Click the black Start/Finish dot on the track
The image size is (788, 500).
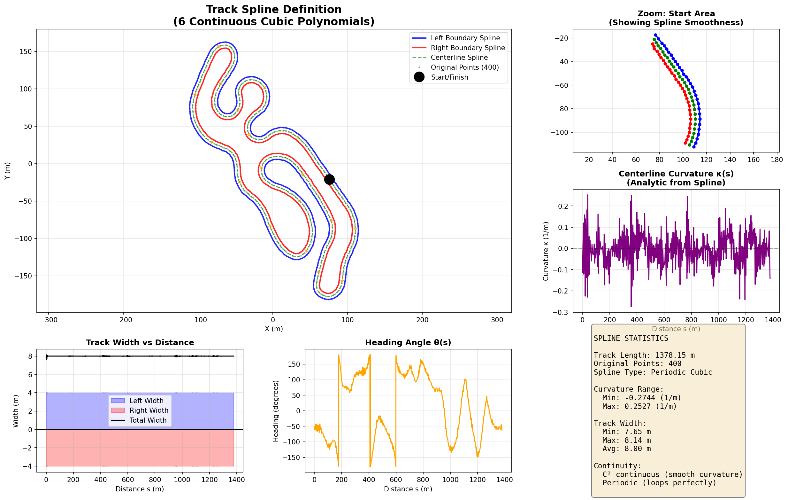[329, 179]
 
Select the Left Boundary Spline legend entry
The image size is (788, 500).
[465, 38]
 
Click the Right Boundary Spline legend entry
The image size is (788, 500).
[468, 48]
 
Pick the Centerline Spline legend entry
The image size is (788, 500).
[459, 58]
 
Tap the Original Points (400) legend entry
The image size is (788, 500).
[464, 67]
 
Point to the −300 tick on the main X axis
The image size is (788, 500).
[49, 320]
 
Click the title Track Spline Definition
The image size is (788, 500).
[273, 10]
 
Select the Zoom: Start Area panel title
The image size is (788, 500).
[676, 14]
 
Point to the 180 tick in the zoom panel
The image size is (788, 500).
[777, 160]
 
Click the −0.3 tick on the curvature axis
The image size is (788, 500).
[561, 312]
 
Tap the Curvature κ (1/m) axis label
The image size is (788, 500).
[546, 251]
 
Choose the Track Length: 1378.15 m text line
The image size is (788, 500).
[644, 355]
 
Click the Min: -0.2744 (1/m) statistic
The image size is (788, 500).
[641, 398]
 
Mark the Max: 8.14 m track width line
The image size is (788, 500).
[626, 441]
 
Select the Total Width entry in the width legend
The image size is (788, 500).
[148, 420]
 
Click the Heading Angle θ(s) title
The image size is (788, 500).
[408, 342]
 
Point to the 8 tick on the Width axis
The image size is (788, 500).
[30, 356]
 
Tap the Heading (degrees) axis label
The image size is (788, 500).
[276, 411]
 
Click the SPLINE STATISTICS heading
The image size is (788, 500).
[631, 338]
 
